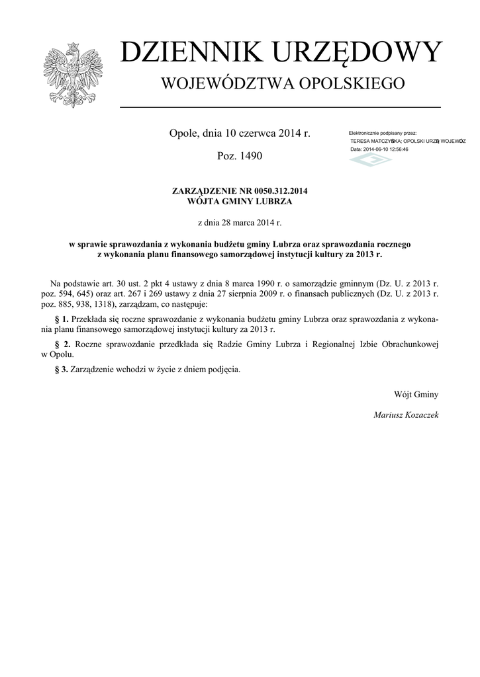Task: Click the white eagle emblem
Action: point(73,75)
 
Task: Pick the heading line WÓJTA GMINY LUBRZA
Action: point(240,201)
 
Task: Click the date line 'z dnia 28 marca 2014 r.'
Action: point(240,223)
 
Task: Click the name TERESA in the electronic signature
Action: point(361,141)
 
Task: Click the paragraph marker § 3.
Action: point(61,369)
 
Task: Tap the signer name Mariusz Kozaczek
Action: point(406,415)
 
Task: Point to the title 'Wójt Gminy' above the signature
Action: point(416,395)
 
